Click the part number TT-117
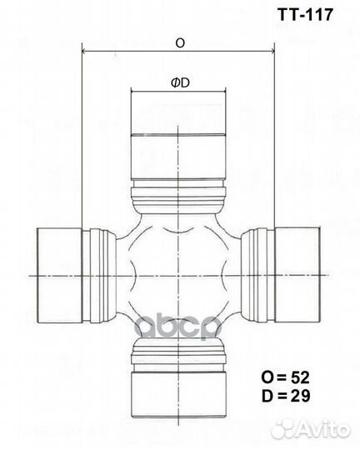click(x=305, y=14)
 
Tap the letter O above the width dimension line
click(x=180, y=43)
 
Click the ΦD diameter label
click(x=180, y=82)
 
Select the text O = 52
click(x=285, y=377)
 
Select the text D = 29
click(x=286, y=396)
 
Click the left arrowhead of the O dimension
click(x=85, y=52)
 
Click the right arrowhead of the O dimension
click(x=272, y=52)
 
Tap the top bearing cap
click(x=178, y=135)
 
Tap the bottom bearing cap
click(x=178, y=395)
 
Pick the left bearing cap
click(x=60, y=276)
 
